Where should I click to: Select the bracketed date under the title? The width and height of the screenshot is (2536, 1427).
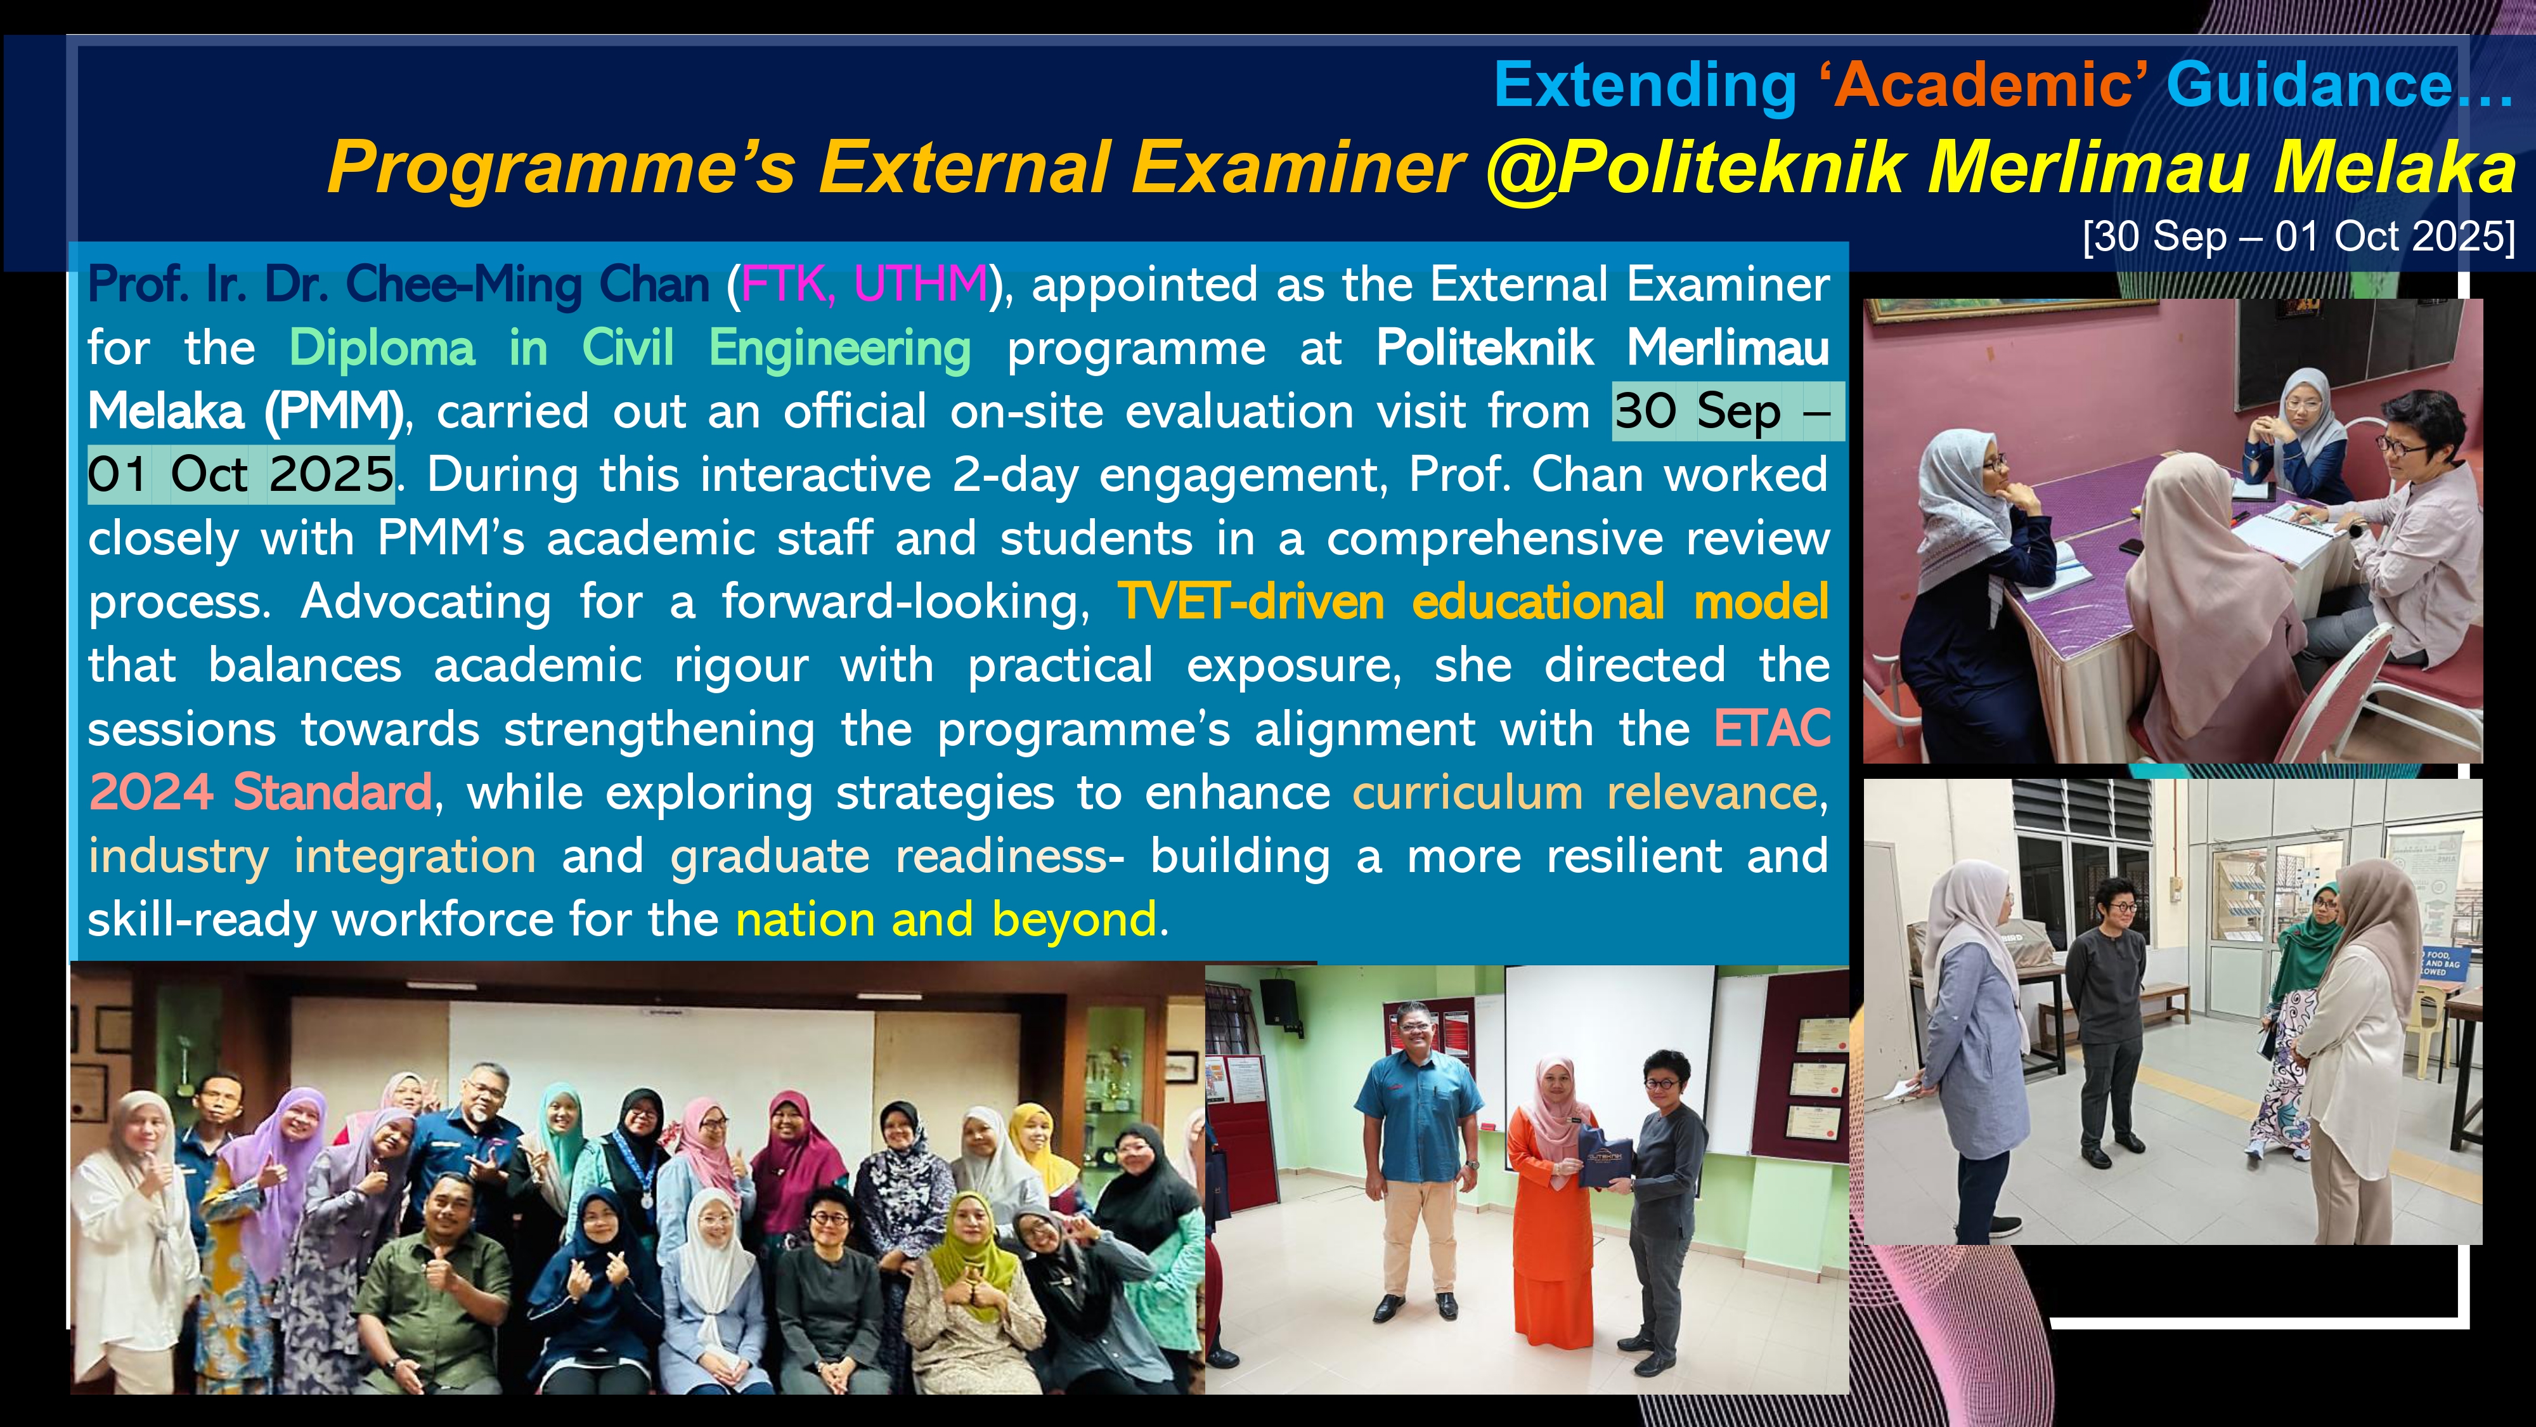coord(2299,237)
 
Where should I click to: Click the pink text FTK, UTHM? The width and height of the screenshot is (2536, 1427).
coord(864,285)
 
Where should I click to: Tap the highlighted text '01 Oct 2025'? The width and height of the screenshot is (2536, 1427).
coord(241,474)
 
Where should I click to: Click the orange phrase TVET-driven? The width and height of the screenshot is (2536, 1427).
coord(1250,602)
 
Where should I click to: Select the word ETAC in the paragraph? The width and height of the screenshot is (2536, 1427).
coord(1772,729)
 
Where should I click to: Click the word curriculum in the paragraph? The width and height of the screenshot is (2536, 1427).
coord(1467,793)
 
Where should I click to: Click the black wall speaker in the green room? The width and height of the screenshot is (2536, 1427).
coord(1278,1001)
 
